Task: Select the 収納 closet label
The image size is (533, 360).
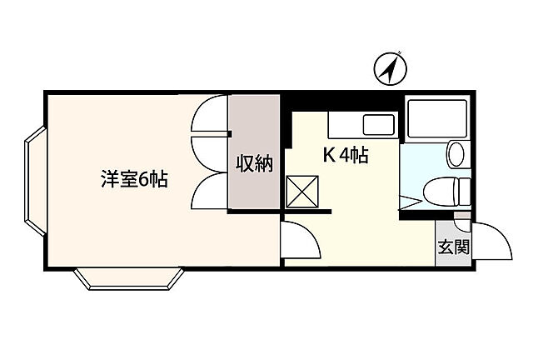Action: click(254, 163)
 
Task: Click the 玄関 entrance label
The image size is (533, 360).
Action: click(453, 247)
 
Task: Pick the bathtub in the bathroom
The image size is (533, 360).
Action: click(439, 118)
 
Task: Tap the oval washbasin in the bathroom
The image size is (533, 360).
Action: click(456, 153)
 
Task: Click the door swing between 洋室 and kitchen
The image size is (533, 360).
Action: click(301, 242)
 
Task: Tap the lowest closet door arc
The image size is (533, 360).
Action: click(209, 193)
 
